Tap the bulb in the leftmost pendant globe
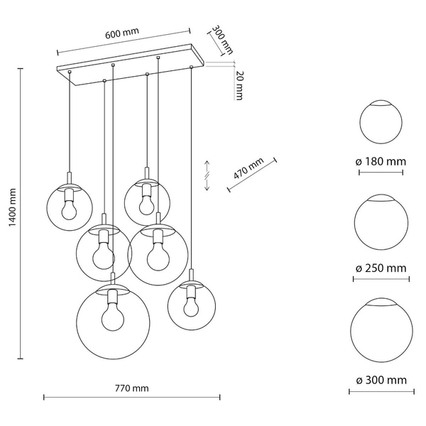click(69, 207)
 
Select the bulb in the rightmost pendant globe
click(190, 304)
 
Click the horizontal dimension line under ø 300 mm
click(383, 391)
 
